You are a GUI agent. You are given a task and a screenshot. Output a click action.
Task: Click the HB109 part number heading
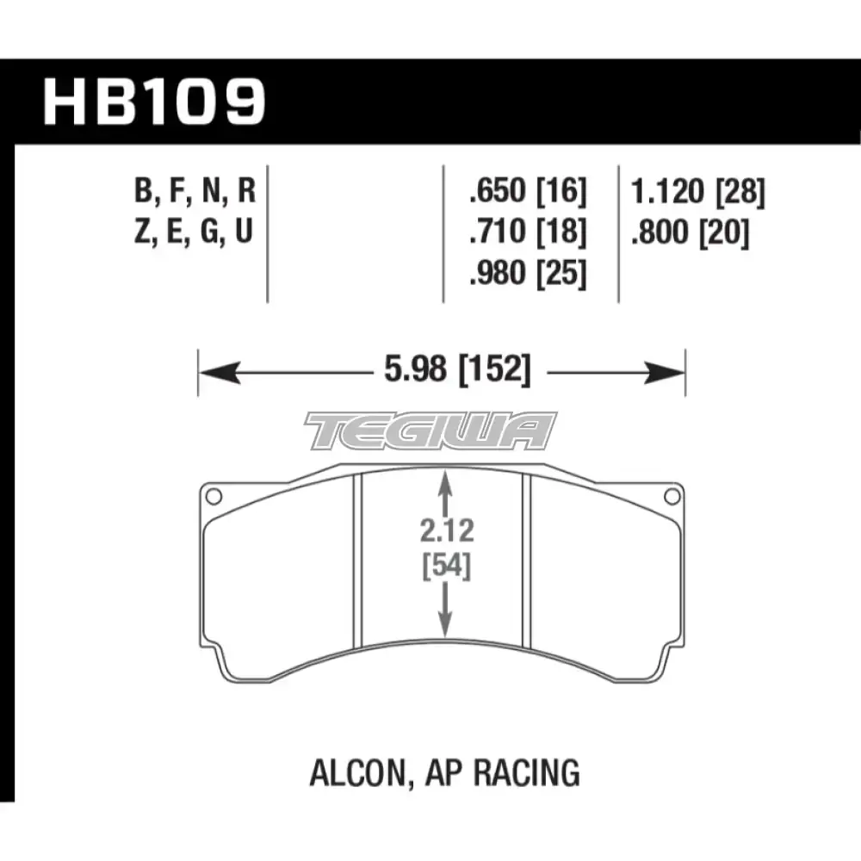point(154,102)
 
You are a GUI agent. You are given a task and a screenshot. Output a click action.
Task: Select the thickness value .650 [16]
point(528,192)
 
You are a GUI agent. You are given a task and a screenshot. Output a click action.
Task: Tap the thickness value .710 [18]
point(528,232)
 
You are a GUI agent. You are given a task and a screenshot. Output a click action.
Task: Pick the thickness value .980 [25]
point(528,273)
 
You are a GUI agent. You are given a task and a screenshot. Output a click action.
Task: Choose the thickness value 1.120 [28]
point(698,192)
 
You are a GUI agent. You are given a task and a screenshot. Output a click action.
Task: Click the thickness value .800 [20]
point(691,232)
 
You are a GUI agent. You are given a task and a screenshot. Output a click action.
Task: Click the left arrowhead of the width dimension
point(220,373)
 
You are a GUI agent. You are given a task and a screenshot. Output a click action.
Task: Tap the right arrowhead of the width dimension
point(665,373)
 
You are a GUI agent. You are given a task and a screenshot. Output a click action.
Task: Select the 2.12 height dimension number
point(446,531)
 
